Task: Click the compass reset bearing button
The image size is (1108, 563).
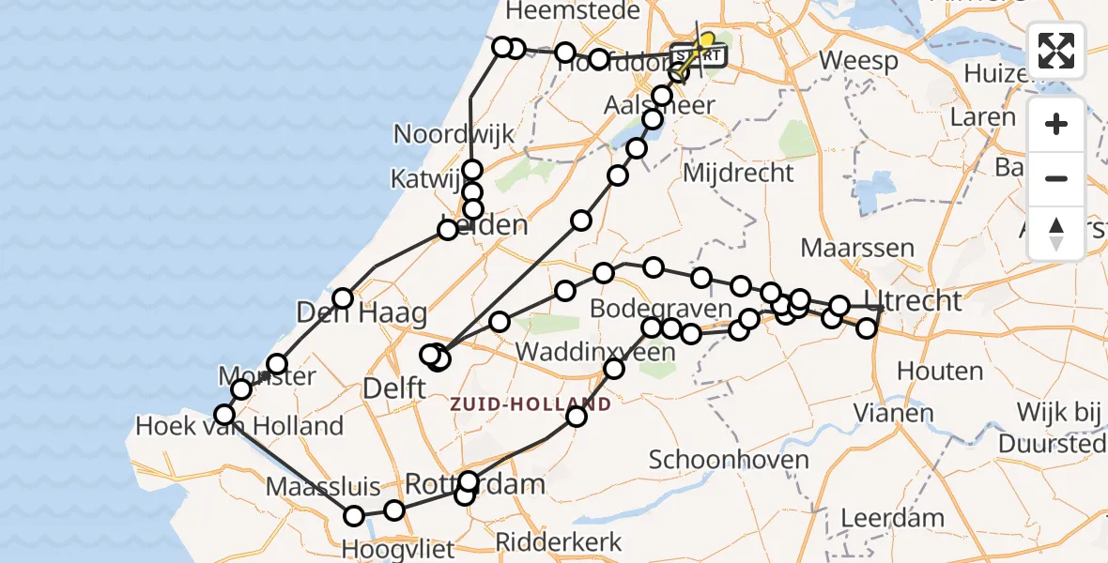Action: coord(1056,233)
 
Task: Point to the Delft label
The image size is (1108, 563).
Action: coord(393,387)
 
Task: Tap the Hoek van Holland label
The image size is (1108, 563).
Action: coord(239,427)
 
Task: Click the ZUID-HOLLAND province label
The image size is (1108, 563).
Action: coord(531,405)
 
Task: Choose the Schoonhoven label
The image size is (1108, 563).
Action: coord(729,460)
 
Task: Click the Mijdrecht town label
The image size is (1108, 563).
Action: coord(737,173)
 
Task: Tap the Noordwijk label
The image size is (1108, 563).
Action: coord(454,134)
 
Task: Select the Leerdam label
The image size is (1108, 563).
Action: coord(892,518)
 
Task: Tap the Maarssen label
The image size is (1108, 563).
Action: coord(857,249)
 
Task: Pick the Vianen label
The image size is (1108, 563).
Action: coord(893,413)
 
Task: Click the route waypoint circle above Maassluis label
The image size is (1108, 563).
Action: coord(354,515)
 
